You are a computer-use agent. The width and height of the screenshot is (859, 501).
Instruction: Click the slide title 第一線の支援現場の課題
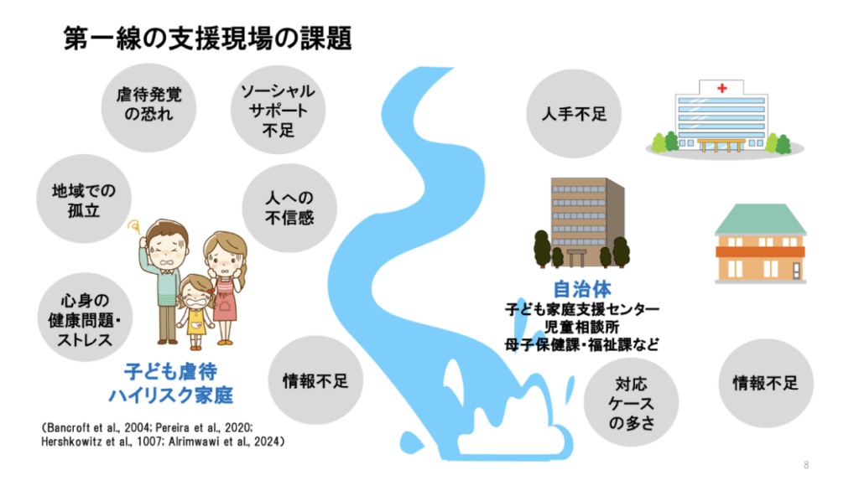pos(208,39)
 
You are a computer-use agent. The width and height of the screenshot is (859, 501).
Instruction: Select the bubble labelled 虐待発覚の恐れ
pos(148,108)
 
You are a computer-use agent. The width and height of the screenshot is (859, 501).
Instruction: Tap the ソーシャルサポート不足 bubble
pos(278,110)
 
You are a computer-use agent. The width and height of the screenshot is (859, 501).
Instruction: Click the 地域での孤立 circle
pos(84,199)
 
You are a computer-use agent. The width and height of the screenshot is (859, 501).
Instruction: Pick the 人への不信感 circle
pos(289,208)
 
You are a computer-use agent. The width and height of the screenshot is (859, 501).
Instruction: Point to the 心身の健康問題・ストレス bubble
pos(85,318)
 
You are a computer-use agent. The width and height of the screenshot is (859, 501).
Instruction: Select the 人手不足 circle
pos(574,114)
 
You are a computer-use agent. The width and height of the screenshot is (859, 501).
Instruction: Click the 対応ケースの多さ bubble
pos(631,402)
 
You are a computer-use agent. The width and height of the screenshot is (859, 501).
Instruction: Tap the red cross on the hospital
pos(722,88)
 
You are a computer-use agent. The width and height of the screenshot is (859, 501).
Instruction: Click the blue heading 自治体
pos(582,289)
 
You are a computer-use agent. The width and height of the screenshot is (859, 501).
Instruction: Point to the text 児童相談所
pos(581,327)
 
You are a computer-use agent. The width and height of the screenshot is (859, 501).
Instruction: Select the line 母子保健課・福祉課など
pos(582,344)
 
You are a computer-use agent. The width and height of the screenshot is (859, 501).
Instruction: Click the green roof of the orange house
pos(760,220)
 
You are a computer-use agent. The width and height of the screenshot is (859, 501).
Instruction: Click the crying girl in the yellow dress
pos(195,312)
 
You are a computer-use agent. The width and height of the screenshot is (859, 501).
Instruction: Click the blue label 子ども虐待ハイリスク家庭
pos(171,384)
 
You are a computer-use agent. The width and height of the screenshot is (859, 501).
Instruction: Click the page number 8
pos(806,465)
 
